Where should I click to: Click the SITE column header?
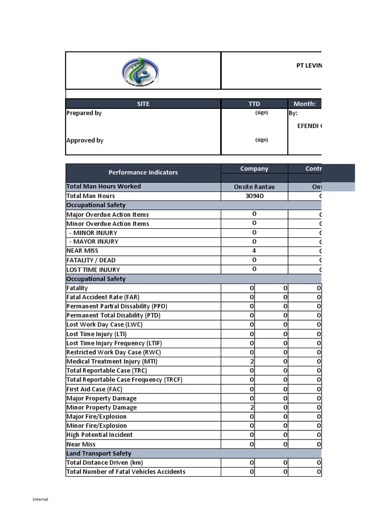point(143,104)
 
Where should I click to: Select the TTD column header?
point(254,104)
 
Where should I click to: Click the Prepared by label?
point(84,113)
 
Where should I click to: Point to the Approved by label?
point(85,141)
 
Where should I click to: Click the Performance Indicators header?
point(143,172)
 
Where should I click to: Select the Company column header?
point(254,169)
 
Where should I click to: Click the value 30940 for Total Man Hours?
point(254,196)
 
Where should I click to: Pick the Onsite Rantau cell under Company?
point(254,187)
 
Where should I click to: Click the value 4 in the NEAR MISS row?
point(254,250)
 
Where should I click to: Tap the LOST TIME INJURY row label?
point(93,270)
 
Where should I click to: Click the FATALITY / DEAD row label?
point(91,261)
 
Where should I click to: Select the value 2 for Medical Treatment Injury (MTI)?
point(251,362)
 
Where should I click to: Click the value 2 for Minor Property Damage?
point(251,408)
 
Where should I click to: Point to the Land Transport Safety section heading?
point(99,454)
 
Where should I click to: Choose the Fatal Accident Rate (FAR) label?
point(103,297)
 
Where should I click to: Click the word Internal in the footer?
point(40,499)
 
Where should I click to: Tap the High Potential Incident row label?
point(100,435)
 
